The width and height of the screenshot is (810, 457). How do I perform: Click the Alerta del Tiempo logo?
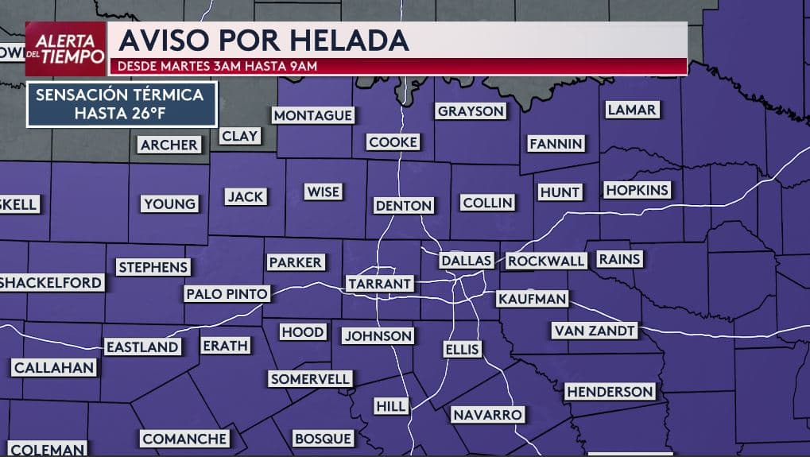click(x=66, y=48)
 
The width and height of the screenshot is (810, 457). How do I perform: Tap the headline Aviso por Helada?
click(x=263, y=40)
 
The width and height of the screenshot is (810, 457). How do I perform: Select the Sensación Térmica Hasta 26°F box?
click(x=122, y=104)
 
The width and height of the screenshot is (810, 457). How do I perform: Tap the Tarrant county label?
click(x=379, y=284)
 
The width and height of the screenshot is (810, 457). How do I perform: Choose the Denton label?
click(x=404, y=206)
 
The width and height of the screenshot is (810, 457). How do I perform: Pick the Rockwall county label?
click(x=547, y=261)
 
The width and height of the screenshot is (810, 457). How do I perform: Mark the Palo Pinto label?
click(x=227, y=294)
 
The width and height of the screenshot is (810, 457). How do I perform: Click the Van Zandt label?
click(x=595, y=330)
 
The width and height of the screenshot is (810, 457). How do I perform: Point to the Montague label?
click(x=312, y=116)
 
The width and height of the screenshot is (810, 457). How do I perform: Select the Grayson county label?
click(x=471, y=111)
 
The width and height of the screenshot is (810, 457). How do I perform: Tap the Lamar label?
click(x=632, y=110)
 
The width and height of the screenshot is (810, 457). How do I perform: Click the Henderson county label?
click(x=610, y=392)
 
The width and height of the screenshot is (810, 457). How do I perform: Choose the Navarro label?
click(x=487, y=415)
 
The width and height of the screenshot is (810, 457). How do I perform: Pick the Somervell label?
click(x=310, y=379)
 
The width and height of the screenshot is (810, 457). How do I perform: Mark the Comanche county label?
click(x=185, y=439)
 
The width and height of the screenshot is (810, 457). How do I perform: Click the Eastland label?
click(x=142, y=347)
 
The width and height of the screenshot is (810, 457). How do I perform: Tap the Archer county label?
click(x=169, y=145)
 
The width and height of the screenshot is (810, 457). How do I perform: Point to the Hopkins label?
click(x=638, y=190)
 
